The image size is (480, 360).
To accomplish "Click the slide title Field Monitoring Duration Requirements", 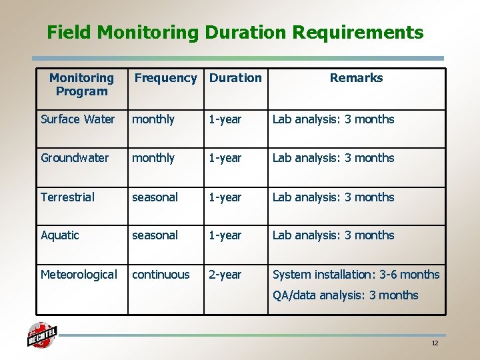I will [235, 33].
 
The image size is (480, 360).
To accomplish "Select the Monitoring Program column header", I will [81, 85].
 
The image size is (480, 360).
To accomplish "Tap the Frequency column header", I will [165, 78].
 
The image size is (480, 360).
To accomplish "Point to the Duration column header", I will [235, 78].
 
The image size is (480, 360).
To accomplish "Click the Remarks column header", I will [356, 78].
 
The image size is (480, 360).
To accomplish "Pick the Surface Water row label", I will [77, 119].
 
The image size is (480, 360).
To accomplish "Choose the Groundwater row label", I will [75, 158].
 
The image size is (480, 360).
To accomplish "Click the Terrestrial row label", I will [67, 197].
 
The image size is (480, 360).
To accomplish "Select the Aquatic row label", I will [60, 235].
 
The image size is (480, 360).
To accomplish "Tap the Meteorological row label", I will [79, 275].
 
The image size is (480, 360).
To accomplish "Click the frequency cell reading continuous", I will [161, 275].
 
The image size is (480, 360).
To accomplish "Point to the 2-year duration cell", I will [225, 275].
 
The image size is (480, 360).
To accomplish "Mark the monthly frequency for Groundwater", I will [153, 158].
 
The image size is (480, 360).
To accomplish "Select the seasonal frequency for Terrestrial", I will [155, 197].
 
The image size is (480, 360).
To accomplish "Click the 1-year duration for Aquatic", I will [225, 235].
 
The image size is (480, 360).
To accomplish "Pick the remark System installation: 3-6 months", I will [356, 275].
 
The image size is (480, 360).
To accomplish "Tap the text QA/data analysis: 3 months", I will [345, 295].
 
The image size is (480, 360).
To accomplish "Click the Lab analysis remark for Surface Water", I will [333, 119].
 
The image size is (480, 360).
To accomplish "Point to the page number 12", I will [435, 343].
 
